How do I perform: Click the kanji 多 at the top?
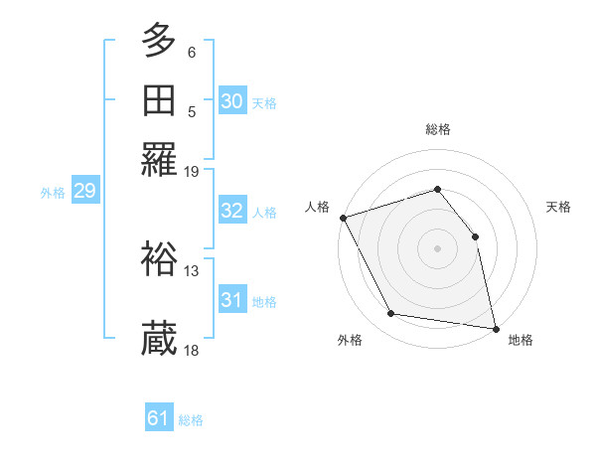click(160, 41)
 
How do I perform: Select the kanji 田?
click(160, 102)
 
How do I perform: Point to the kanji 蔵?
click(160, 338)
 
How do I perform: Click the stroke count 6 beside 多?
click(192, 52)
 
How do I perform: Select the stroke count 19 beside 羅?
click(192, 172)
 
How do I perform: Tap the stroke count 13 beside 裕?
click(192, 269)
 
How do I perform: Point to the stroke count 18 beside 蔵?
click(192, 349)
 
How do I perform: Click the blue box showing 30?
click(232, 101)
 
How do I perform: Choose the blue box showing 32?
click(232, 211)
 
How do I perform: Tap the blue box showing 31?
click(232, 300)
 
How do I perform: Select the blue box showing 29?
click(84, 192)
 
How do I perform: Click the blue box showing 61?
click(159, 418)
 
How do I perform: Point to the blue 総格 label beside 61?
click(191, 420)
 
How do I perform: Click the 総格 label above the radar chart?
click(437, 129)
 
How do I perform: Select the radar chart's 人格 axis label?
click(318, 207)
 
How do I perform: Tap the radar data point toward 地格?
click(495, 328)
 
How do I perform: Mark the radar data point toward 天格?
click(475, 236)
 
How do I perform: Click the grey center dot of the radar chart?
click(437, 248)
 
